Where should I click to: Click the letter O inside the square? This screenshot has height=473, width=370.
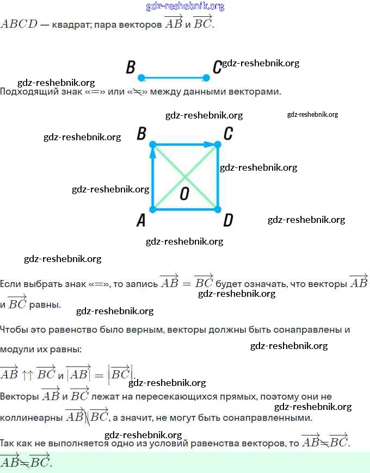coord(184,194)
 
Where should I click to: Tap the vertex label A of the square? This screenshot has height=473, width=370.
coord(141,220)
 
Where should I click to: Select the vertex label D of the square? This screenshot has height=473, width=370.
coord(229,220)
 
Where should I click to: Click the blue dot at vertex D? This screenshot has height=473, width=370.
coord(217,209)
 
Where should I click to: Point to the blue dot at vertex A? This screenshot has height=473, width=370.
coord(153,209)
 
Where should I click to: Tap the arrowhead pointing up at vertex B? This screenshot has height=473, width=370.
coord(153,153)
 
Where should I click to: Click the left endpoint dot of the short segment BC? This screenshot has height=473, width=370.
coord(141,78)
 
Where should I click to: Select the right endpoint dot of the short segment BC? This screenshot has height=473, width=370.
coord(206,78)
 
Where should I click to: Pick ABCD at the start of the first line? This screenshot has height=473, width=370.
coord(19,25)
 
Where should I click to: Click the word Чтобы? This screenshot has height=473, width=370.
coord(14,329)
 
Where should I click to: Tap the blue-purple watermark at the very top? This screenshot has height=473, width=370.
coord(185,7)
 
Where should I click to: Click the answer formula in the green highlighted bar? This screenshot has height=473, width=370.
coord(26,463)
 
